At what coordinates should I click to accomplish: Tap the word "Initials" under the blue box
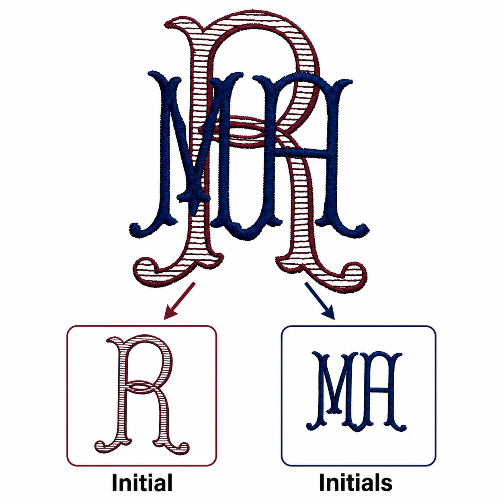[x=356, y=482]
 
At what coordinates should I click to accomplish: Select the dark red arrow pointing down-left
[x=179, y=301]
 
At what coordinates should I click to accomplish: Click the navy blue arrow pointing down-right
[x=320, y=301]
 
